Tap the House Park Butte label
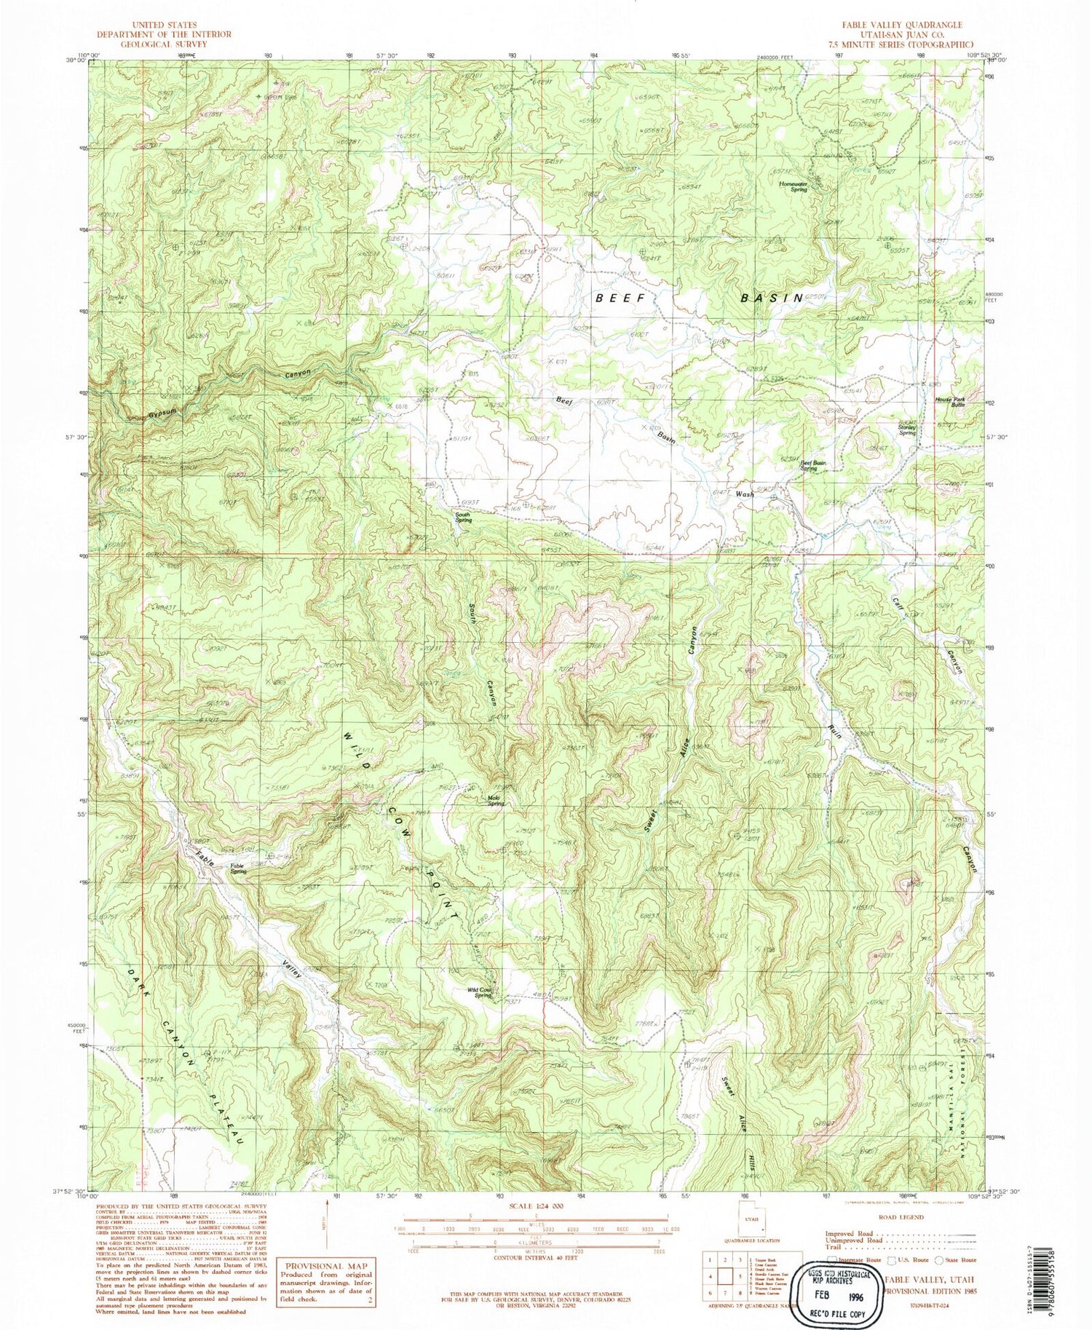pos(949,401)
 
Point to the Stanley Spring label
pos(906,430)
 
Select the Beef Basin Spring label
pos(814,465)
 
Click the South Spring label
pos(463,518)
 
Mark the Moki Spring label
pos(496,801)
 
